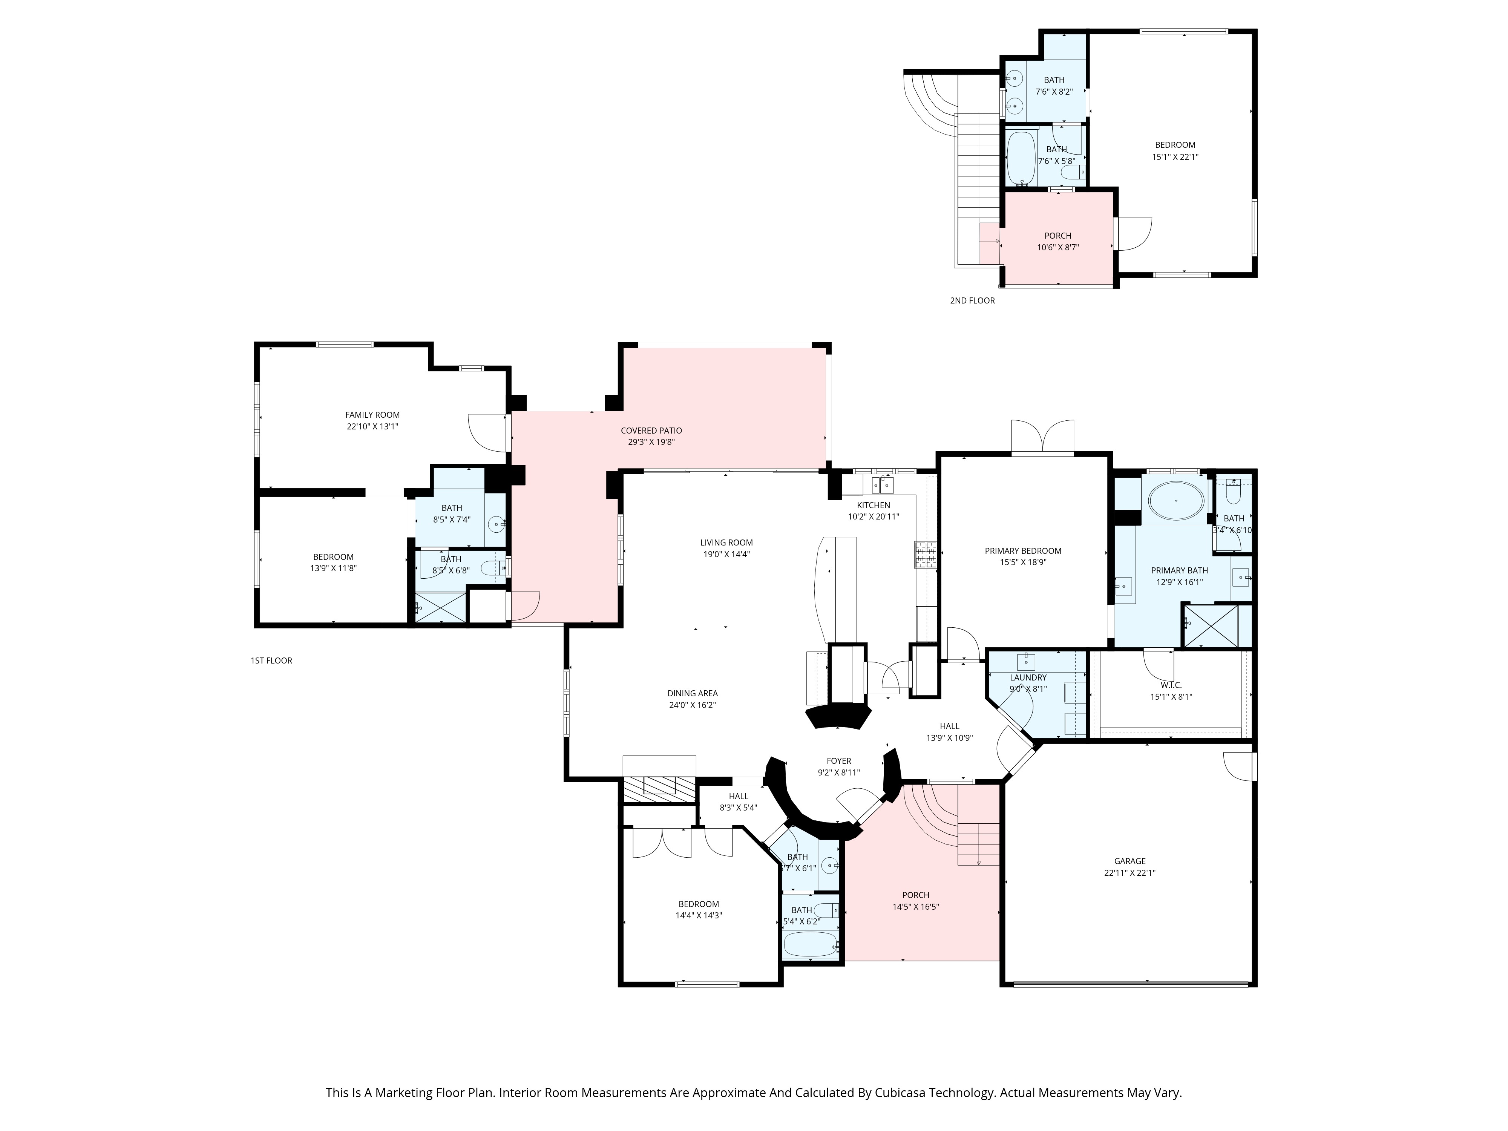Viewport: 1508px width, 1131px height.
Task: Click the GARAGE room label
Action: (1129, 861)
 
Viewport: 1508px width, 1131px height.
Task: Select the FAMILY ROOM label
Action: (372, 414)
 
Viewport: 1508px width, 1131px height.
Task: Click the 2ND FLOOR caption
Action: (972, 300)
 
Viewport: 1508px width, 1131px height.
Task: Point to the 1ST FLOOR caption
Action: (271, 661)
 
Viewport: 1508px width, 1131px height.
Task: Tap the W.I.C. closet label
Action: (1171, 685)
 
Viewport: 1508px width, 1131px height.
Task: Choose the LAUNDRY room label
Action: (1028, 677)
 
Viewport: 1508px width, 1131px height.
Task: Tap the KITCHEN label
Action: (873, 505)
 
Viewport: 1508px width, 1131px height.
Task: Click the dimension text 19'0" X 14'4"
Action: (727, 554)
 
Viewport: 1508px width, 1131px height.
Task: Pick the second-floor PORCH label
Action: (1058, 236)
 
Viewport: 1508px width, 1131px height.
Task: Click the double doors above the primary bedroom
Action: (1042, 436)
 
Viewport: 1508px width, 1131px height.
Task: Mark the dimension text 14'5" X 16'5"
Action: (916, 907)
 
